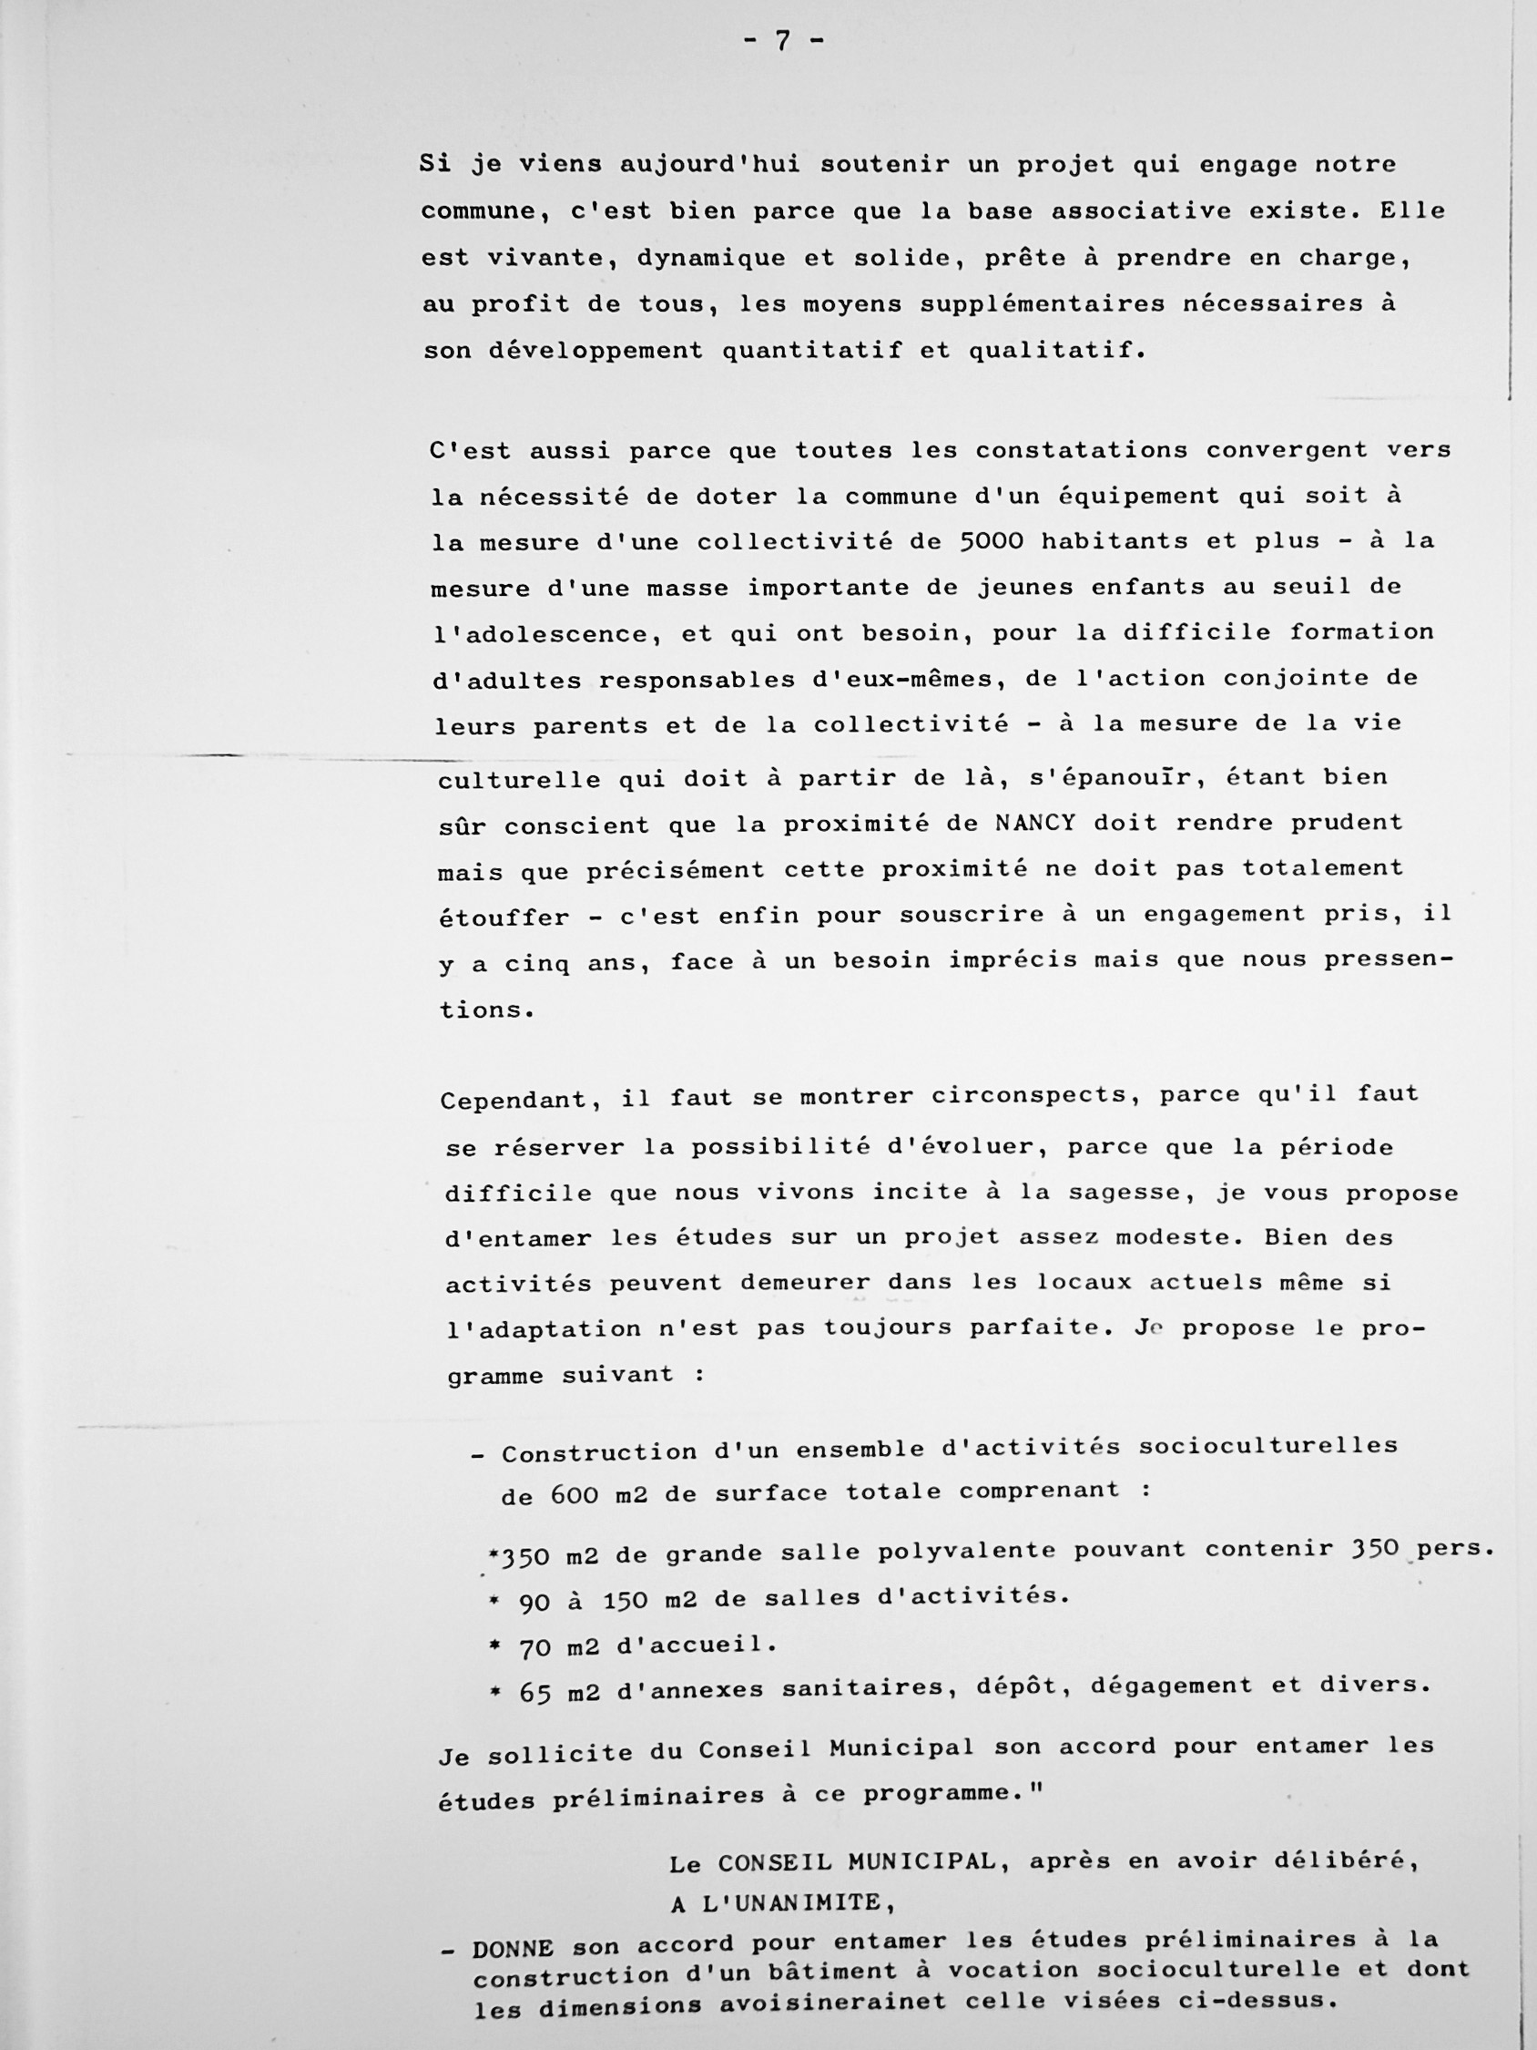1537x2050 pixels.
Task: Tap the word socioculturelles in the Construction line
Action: pyautogui.click(x=1267, y=1447)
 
